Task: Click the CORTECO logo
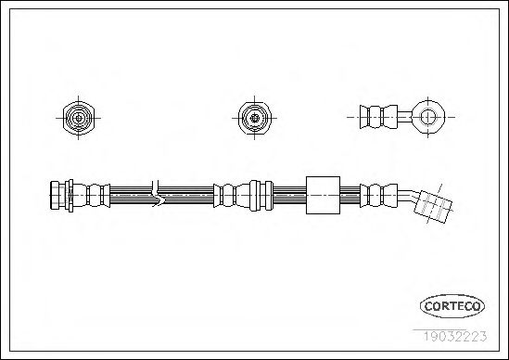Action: pos(452,306)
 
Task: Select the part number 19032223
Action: pos(455,336)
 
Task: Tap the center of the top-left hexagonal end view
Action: pos(78,118)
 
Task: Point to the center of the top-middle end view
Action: pos(254,118)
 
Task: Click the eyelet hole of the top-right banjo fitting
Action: pos(427,117)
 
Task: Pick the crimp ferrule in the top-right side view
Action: pos(378,117)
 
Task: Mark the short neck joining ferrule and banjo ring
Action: pos(405,117)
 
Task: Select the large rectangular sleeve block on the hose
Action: pos(323,195)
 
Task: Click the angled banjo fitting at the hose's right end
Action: pos(433,206)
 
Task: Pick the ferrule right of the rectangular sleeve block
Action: pos(378,195)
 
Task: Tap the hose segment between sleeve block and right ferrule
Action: pos(350,195)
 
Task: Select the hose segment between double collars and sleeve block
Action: pos(289,195)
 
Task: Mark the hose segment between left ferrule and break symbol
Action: pos(131,195)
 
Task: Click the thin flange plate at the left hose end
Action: pos(70,195)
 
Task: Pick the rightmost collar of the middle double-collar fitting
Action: pos(269,195)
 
